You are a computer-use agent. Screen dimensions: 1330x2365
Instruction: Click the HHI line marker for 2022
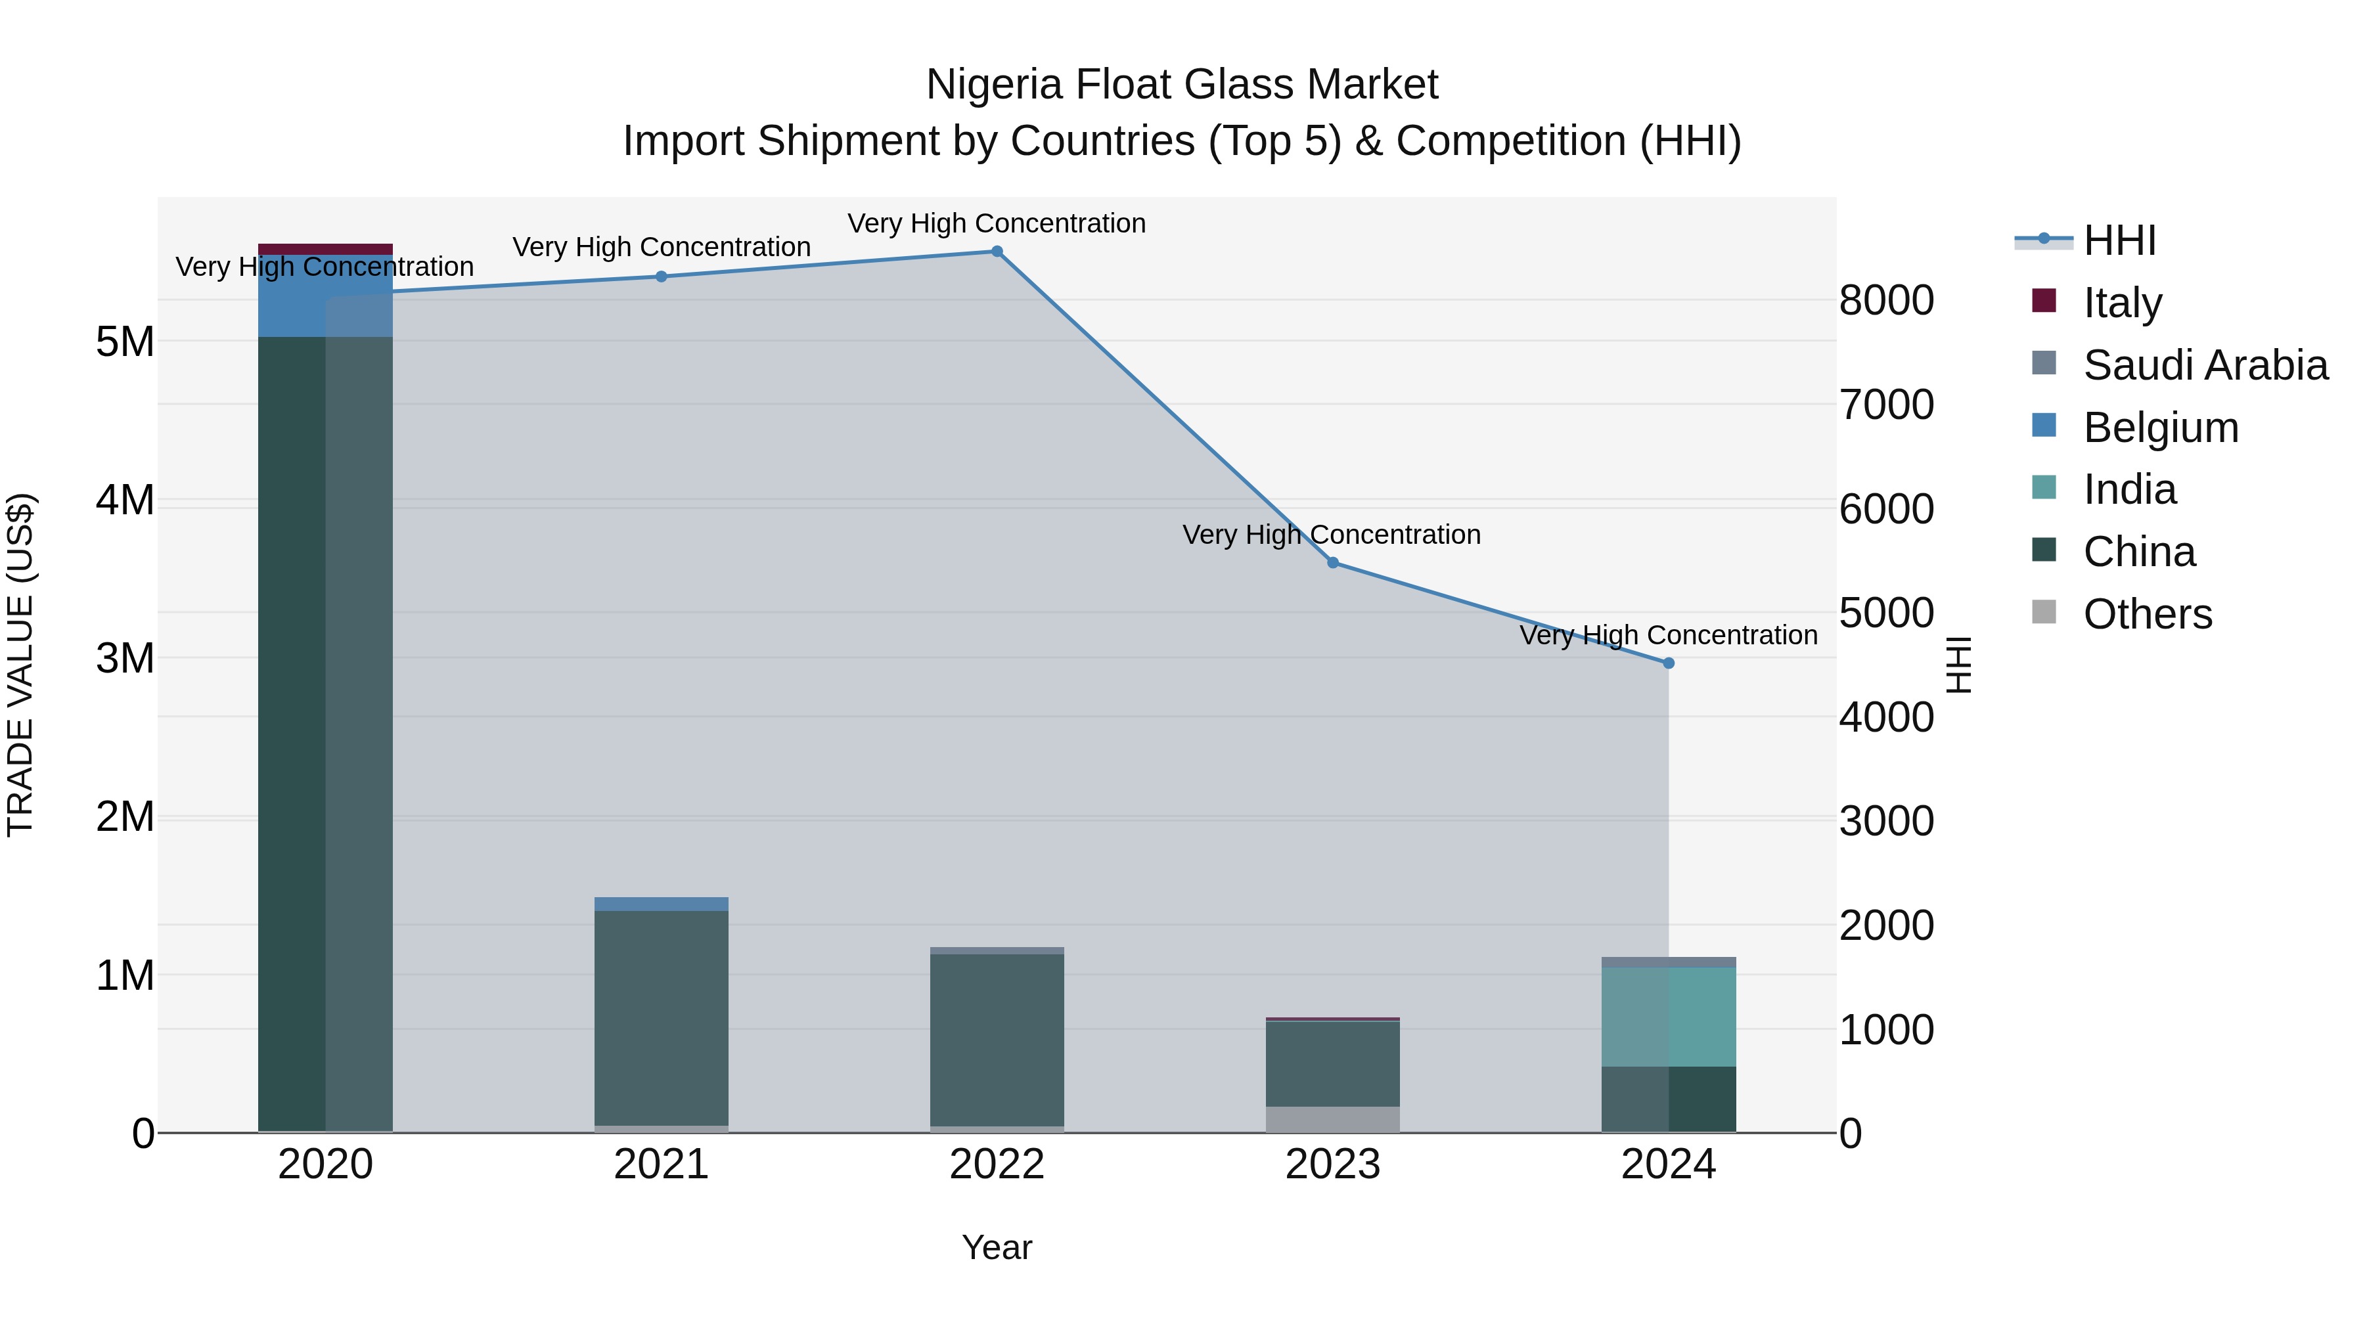click(997, 252)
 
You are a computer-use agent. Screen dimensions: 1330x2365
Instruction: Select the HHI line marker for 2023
click(1333, 563)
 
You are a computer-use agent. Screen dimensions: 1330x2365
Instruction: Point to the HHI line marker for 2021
click(661, 277)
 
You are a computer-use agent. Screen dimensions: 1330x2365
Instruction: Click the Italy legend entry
click(2122, 302)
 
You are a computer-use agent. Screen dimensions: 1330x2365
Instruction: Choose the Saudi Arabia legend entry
click(2204, 365)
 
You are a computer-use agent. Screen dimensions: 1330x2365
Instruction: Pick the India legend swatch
click(2044, 487)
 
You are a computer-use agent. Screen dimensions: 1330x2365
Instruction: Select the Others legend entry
click(2146, 613)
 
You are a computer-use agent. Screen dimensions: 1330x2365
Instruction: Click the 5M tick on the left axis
click(125, 342)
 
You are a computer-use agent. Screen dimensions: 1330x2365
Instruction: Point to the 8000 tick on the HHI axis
click(1887, 300)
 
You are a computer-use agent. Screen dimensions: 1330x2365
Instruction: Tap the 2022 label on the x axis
click(997, 1164)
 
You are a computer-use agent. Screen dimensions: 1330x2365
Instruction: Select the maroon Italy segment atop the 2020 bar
click(325, 249)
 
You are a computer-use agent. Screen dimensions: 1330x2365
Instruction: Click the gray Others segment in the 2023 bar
click(1333, 1119)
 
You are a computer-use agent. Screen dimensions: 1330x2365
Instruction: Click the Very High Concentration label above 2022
click(997, 223)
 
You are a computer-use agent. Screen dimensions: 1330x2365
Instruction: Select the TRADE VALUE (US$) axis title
click(20, 665)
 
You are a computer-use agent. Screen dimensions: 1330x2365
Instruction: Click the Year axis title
click(997, 1247)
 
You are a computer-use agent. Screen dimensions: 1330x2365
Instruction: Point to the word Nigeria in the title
click(995, 85)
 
